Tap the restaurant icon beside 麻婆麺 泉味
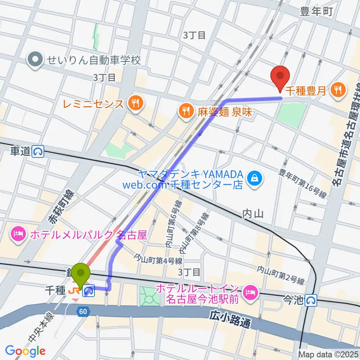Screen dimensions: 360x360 coord(186,111)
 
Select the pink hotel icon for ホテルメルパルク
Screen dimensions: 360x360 coord(18,235)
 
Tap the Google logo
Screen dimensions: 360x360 coord(25,351)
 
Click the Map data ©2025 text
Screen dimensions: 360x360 coord(328,354)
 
